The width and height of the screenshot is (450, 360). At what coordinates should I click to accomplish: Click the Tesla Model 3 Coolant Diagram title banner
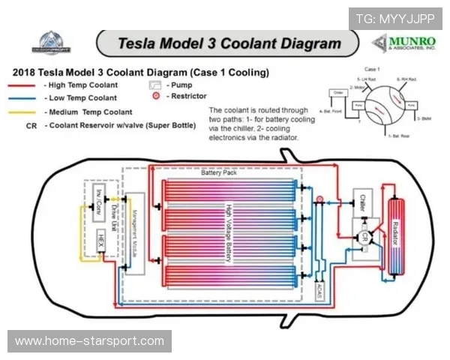tap(229, 43)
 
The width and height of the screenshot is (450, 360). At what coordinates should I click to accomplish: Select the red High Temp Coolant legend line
tap(23, 85)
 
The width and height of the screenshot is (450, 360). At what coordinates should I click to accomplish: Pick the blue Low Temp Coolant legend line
tap(23, 98)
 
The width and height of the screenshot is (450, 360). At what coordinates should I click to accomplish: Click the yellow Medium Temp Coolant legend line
tap(23, 112)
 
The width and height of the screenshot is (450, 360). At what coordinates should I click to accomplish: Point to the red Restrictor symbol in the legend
tap(155, 97)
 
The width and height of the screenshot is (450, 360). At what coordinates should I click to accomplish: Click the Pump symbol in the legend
tap(155, 85)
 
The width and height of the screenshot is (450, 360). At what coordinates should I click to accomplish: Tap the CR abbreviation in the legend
tap(31, 125)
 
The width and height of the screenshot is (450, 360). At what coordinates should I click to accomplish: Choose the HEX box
tap(100, 242)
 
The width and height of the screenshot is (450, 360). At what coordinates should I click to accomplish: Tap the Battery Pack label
tap(217, 172)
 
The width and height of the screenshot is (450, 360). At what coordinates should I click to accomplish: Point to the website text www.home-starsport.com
tap(89, 341)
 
